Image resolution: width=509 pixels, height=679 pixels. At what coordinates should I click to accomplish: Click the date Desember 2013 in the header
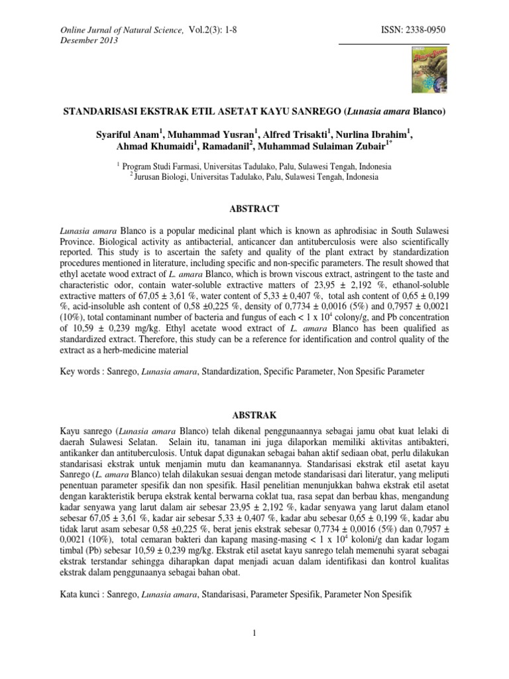[89, 40]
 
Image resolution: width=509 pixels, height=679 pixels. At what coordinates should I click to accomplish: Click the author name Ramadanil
[225, 147]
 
